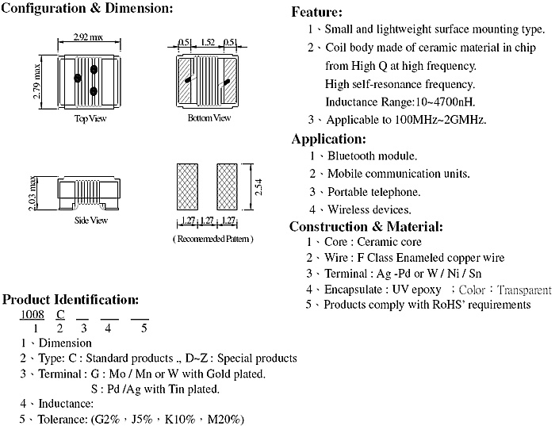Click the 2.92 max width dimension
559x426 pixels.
pyautogui.click(x=88, y=36)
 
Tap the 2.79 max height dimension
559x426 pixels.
pyautogui.click(x=36, y=82)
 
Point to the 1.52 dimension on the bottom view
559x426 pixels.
pyautogui.click(x=208, y=43)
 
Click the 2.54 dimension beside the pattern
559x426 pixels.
pyautogui.click(x=258, y=186)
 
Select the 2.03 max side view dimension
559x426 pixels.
pyautogui.click(x=33, y=193)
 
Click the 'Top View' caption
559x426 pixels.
pyautogui.click(x=90, y=118)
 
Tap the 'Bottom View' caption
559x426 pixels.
pyautogui.click(x=209, y=117)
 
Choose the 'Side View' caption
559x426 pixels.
pyautogui.click(x=91, y=220)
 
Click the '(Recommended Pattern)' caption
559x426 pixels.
pyautogui.click(x=213, y=239)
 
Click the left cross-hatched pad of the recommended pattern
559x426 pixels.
pyautogui.click(x=187, y=186)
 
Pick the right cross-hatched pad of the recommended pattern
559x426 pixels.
pyautogui.click(x=227, y=186)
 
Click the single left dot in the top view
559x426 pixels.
pyautogui.click(x=78, y=78)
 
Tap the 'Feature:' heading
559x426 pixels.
pyautogui.click(x=317, y=12)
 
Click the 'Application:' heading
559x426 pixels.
pyautogui.click(x=329, y=139)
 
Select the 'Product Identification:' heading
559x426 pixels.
pyautogui.click(x=71, y=299)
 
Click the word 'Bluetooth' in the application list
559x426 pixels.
pyautogui.click(x=351, y=156)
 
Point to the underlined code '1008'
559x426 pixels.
pyautogui.click(x=32, y=314)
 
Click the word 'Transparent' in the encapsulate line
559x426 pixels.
pyautogui.click(x=524, y=290)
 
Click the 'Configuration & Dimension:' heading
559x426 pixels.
pyautogui.click(x=87, y=8)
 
